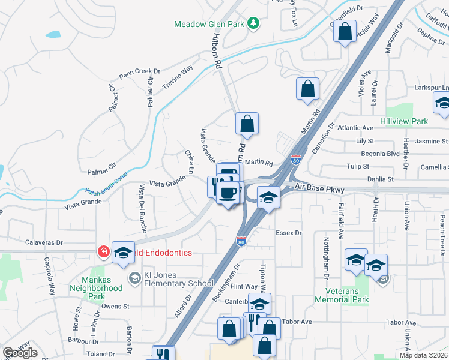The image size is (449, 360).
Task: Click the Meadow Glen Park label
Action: click(x=209, y=24)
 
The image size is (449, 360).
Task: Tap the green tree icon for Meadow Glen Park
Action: click(x=254, y=23)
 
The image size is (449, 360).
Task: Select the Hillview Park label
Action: click(x=404, y=121)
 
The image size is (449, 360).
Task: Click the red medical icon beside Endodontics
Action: click(x=103, y=252)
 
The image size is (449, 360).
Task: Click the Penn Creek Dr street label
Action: click(x=139, y=73)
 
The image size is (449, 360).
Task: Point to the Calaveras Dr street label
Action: click(x=44, y=243)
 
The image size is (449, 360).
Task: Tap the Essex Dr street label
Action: click(x=288, y=232)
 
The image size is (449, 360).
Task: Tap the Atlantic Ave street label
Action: click(x=355, y=128)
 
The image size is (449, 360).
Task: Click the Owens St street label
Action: click(x=115, y=306)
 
